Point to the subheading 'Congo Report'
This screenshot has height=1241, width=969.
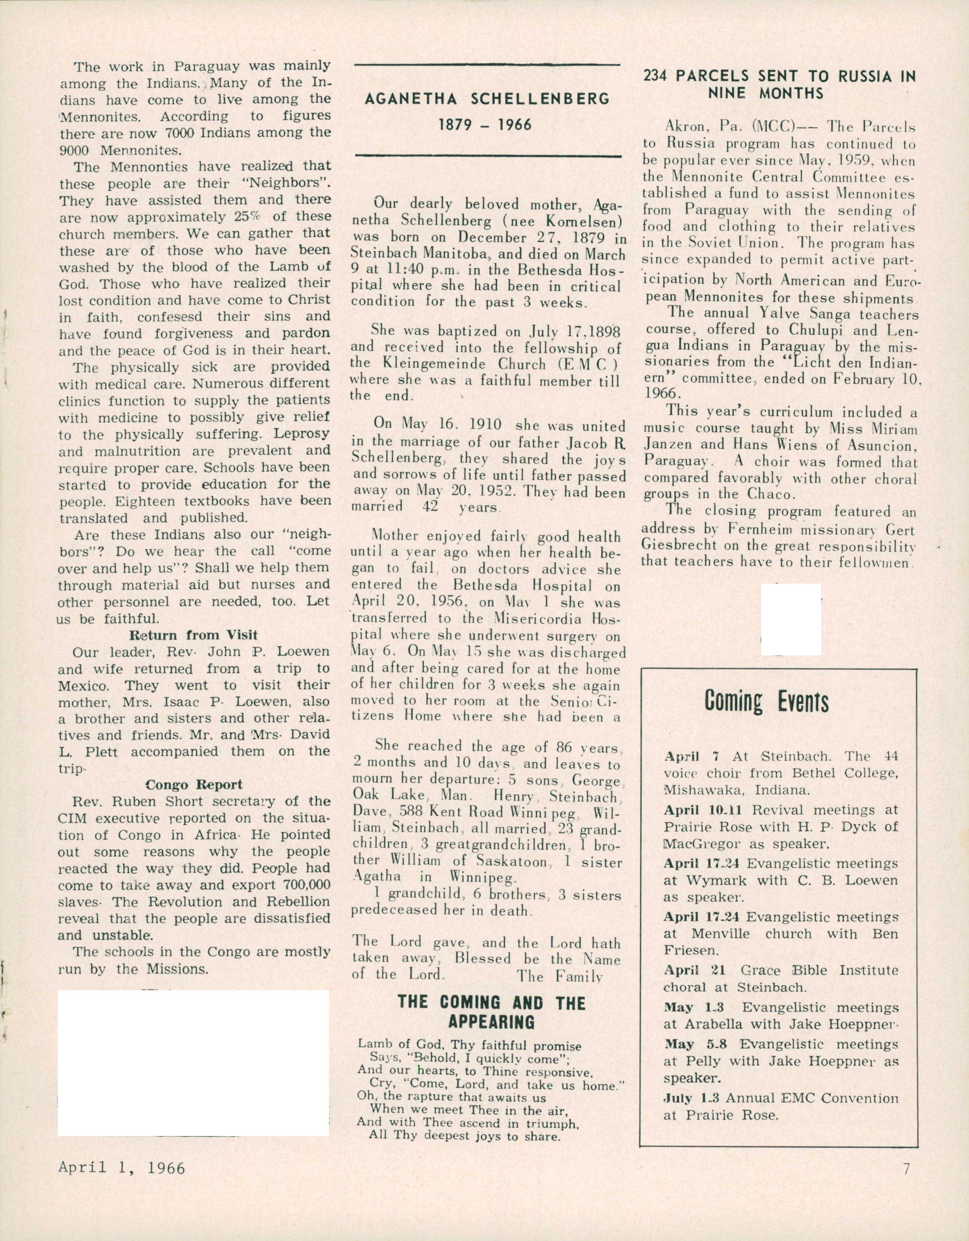click(x=194, y=785)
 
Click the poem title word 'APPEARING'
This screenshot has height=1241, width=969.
click(x=491, y=1022)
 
